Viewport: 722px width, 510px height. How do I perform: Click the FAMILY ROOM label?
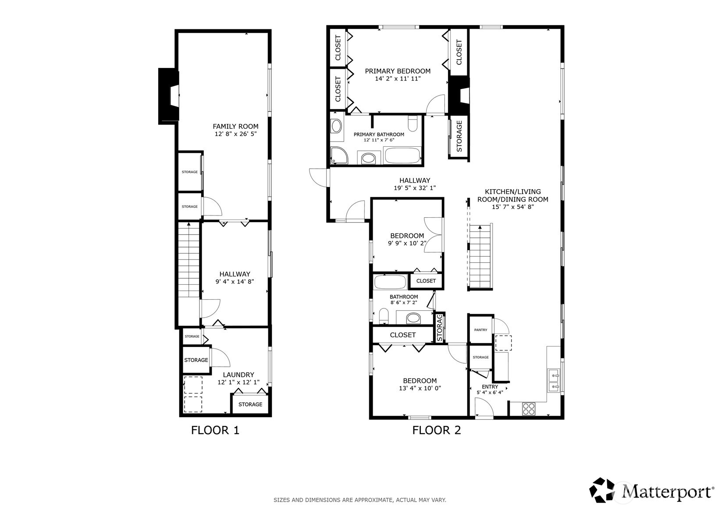(x=235, y=126)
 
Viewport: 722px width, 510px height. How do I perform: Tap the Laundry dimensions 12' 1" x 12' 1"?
(x=238, y=382)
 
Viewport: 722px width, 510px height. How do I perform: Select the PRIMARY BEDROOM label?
(x=398, y=71)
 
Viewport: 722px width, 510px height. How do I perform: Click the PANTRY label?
(x=480, y=330)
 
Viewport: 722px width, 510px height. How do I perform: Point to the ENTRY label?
(x=490, y=386)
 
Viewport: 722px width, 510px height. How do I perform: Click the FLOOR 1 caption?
(x=215, y=430)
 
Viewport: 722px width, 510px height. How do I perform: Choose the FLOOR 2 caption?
(x=437, y=430)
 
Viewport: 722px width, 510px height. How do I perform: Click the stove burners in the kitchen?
(x=529, y=409)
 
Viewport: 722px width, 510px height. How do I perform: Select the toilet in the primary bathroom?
(x=412, y=124)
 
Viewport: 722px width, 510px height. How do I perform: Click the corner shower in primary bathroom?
(x=338, y=156)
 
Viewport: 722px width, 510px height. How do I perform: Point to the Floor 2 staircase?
(x=480, y=256)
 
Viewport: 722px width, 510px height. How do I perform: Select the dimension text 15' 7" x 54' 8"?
(x=512, y=207)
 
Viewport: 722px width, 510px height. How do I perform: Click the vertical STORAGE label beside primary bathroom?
(x=459, y=137)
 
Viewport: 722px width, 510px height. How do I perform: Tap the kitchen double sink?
(x=554, y=380)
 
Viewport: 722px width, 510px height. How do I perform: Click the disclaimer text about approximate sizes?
(x=360, y=500)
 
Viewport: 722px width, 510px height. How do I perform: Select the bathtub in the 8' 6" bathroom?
(x=390, y=282)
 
